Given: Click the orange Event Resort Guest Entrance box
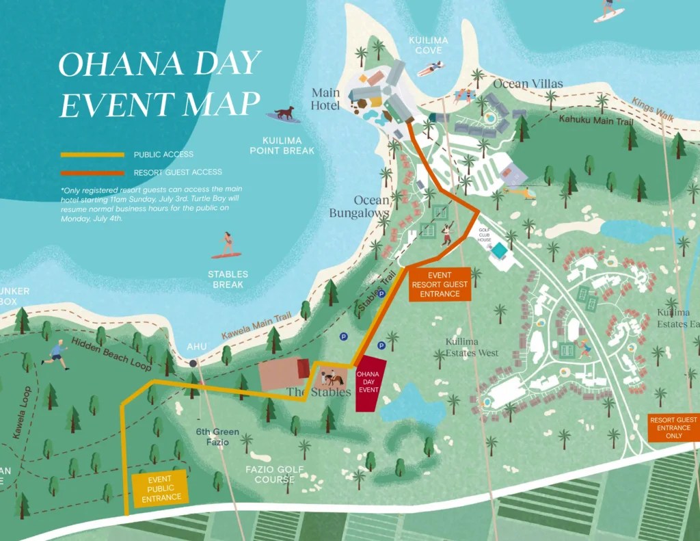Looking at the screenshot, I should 440,284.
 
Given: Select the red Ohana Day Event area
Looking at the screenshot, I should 370,384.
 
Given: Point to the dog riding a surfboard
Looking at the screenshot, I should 284,113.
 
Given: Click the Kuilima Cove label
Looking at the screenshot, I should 428,45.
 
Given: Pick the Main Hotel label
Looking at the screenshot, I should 325,99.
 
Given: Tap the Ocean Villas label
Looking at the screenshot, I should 528,83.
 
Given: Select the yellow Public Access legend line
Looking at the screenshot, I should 92,155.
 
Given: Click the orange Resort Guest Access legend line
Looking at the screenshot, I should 92,172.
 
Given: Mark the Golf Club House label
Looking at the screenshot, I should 485,235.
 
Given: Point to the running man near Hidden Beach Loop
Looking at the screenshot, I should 56,354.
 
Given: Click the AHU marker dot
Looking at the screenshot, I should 193,362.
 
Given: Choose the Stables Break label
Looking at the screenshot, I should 229,279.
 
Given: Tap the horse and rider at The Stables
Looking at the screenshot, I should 334,377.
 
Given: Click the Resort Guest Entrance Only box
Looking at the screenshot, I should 673,427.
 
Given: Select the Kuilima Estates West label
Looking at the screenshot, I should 471,347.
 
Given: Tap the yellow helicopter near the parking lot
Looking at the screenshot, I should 522,194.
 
